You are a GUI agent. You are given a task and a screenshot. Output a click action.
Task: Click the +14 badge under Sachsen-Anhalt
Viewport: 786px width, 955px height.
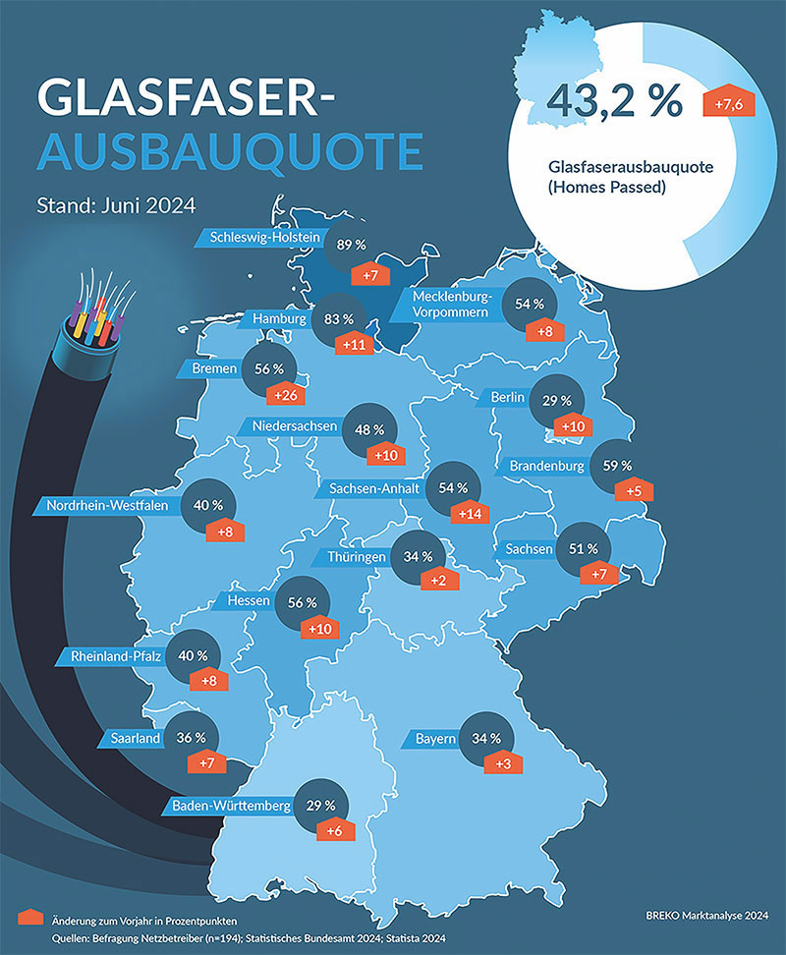[468, 512]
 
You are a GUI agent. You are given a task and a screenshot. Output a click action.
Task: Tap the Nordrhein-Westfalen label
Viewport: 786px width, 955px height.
[108, 507]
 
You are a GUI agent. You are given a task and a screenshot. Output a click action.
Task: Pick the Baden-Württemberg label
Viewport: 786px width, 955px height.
[232, 807]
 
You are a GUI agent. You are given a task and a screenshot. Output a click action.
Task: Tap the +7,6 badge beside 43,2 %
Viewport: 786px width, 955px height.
[728, 102]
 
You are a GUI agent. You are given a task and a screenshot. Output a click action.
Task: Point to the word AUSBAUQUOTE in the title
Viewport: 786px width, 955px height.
[229, 152]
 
